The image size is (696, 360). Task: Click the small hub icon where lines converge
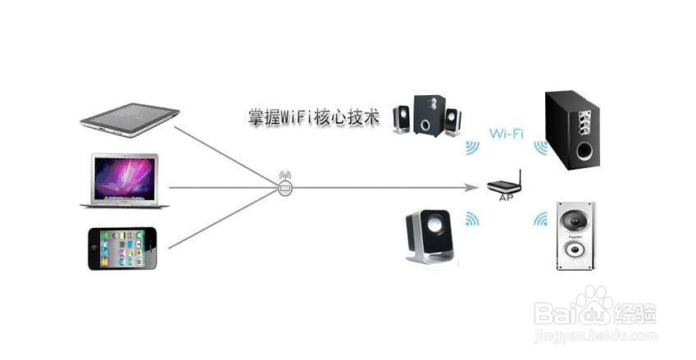click(284, 187)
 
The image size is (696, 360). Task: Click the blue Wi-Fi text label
click(507, 133)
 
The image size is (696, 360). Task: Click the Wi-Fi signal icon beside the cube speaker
click(472, 218)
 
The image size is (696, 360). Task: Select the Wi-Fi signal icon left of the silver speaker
click(540, 219)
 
